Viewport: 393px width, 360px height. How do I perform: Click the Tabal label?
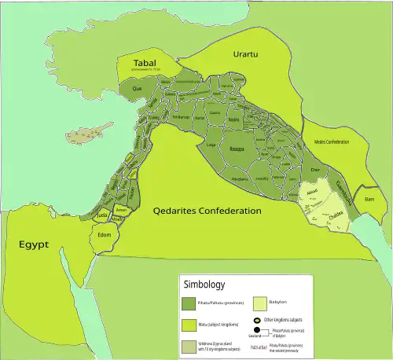[145, 63]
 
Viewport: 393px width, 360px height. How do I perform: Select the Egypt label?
[34, 244]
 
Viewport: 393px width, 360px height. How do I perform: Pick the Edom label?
[105, 234]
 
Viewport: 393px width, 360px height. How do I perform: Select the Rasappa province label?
[237, 146]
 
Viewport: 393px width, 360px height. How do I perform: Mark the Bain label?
[369, 200]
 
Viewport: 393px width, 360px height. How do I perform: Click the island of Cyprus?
[81, 134]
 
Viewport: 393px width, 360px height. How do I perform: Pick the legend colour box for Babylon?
[262, 303]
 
